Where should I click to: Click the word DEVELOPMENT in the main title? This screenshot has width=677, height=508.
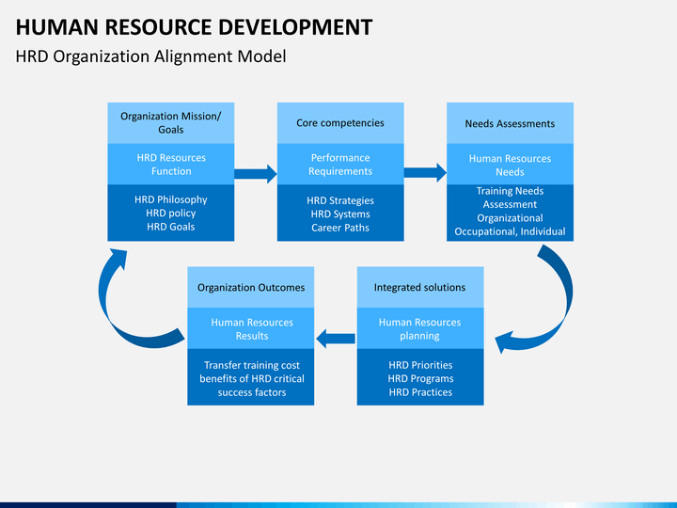tap(295, 26)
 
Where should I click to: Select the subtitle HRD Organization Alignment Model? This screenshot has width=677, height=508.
tap(150, 56)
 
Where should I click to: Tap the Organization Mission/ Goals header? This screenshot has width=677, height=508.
tap(170, 122)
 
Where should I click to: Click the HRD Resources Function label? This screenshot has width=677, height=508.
tap(171, 164)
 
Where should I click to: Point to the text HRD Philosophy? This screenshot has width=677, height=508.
tap(170, 199)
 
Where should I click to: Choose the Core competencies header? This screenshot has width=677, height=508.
tap(340, 123)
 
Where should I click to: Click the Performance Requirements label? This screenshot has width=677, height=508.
tap(340, 164)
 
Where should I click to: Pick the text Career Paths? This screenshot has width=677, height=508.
tap(340, 228)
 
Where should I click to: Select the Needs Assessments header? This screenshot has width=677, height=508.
tap(510, 123)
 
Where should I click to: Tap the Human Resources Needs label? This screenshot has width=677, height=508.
tap(510, 165)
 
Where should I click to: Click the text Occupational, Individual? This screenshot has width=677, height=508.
tap(510, 231)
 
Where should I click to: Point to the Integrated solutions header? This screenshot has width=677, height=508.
tap(419, 287)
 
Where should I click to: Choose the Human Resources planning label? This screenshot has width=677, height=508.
tap(419, 328)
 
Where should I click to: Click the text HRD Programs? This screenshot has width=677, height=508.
tap(420, 378)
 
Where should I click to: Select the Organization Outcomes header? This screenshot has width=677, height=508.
tap(251, 288)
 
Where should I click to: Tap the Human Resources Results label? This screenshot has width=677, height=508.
tap(252, 329)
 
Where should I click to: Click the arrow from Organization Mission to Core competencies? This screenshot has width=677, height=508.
tap(256, 174)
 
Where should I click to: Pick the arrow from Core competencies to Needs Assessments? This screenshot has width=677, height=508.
tap(425, 173)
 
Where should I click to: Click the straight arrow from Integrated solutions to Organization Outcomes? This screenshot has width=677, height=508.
tap(336, 339)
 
